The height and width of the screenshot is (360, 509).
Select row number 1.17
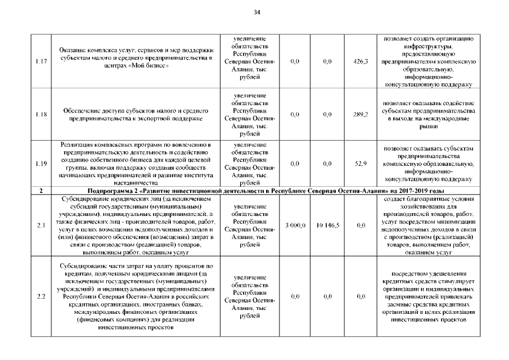[40, 61]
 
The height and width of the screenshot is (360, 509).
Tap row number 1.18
[40, 115]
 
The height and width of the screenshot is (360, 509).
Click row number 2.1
[40, 226]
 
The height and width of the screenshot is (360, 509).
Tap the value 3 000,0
[295, 226]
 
